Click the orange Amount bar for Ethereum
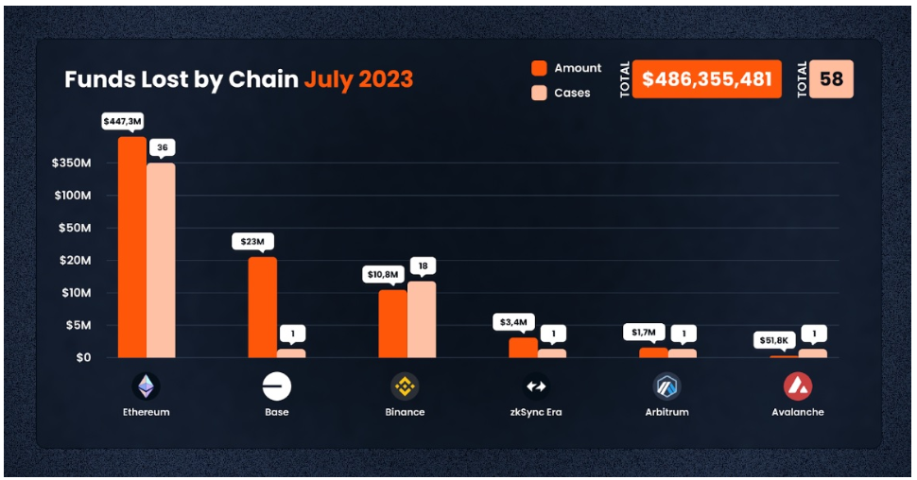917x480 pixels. tap(132, 248)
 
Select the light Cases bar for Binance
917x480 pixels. tap(422, 319)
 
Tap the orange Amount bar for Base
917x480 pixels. tap(263, 307)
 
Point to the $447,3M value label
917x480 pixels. tap(124, 121)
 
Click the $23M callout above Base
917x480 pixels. tap(252, 241)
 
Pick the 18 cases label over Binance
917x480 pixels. tap(423, 266)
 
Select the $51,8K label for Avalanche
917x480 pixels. tap(773, 339)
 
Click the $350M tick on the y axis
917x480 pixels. tap(72, 163)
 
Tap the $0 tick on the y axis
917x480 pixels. tap(83, 357)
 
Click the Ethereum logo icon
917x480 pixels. tap(146, 386)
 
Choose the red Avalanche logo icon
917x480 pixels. tap(798, 386)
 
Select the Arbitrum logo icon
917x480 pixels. tap(667, 386)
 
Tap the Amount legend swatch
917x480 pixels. tap(540, 68)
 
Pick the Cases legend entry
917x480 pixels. tap(562, 93)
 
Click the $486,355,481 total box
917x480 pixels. tap(707, 79)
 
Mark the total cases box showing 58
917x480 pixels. tap(832, 79)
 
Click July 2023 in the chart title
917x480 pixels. tap(358, 79)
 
